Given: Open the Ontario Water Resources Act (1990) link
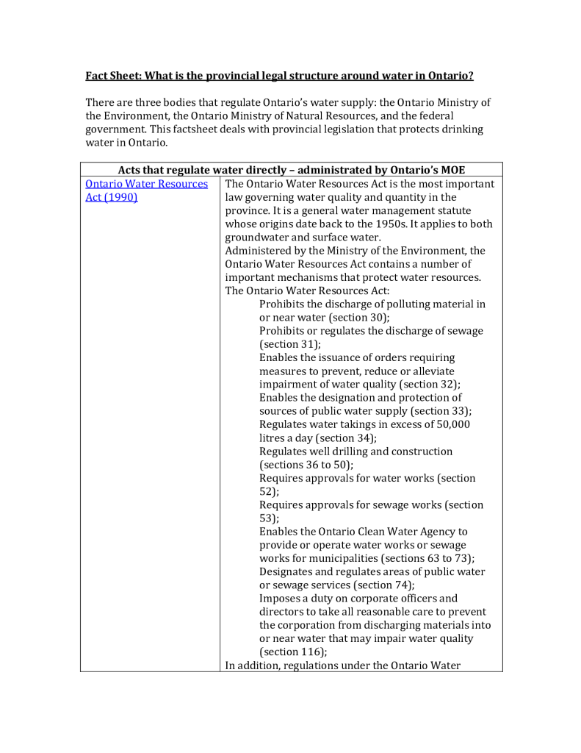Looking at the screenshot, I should [146, 184].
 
